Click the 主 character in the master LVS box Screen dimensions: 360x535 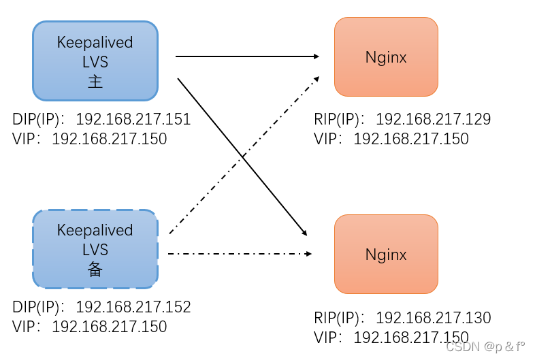[95, 82]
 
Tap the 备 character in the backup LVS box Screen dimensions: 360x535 [95, 270]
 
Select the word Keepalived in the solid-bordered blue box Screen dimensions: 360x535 [95, 42]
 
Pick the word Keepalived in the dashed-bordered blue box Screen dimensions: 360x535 [95, 231]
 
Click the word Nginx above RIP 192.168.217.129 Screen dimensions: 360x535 [386, 57]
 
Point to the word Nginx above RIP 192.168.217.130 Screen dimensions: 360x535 [386, 255]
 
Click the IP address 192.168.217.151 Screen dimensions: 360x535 [133, 120]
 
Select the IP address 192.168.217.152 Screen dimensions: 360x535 [133, 308]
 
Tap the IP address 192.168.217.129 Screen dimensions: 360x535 [434, 120]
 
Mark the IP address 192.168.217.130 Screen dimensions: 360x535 [434, 318]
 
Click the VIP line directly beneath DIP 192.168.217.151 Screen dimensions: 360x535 [89, 139]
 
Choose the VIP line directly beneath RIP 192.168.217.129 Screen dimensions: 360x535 [391, 139]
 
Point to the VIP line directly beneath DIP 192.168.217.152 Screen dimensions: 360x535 [89, 327]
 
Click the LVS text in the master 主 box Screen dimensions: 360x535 [95, 62]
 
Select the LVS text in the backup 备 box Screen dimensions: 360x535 [95, 250]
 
